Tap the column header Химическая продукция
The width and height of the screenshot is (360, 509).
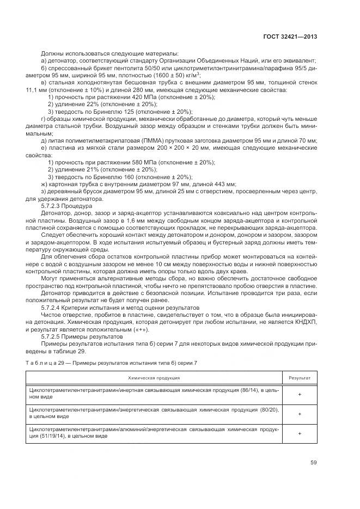point(154,377)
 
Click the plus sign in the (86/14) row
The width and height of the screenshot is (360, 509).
point(300,395)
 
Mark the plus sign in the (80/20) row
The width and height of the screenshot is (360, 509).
point(300,413)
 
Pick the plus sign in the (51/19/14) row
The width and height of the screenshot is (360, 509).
point(300,433)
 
